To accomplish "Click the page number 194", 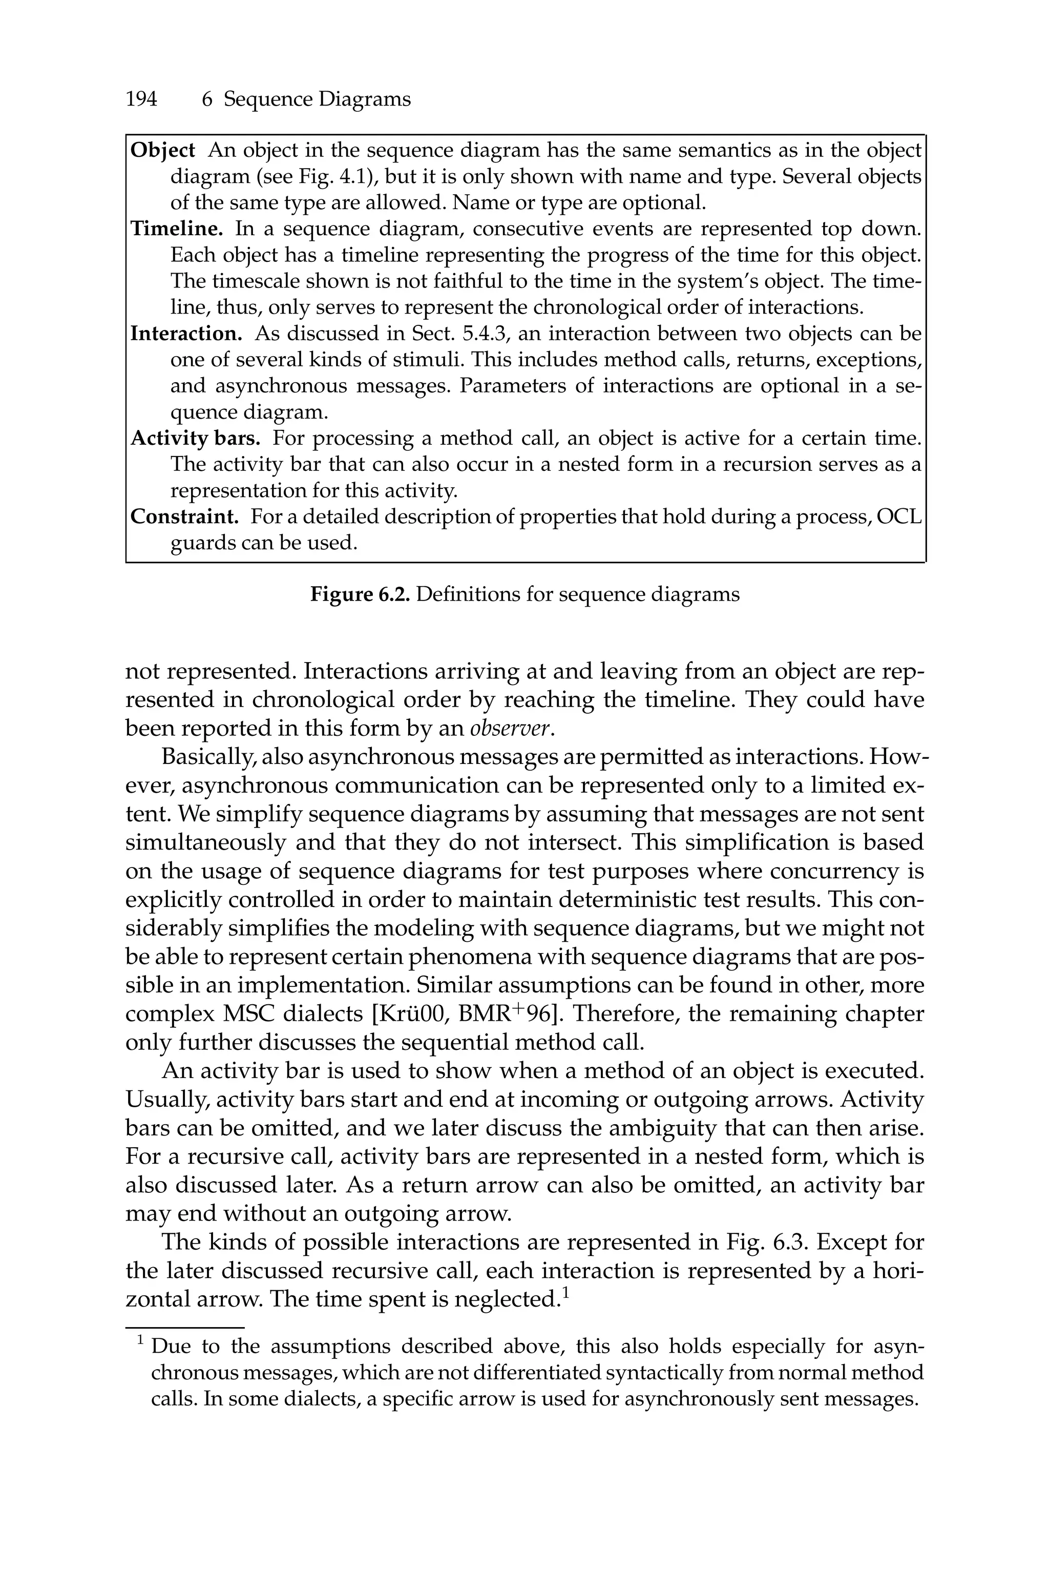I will [x=141, y=100].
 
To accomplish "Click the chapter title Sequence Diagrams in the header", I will [x=317, y=100].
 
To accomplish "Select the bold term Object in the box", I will [x=162, y=151].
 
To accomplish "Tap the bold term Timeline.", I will [x=177, y=229].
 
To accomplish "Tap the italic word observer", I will [x=512, y=728].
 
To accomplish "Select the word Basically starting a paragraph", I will [x=208, y=757].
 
